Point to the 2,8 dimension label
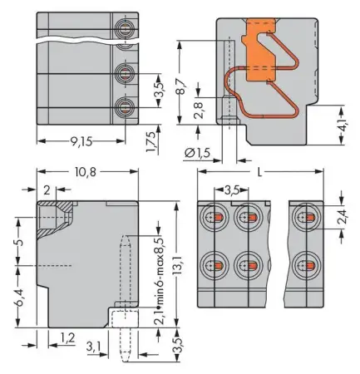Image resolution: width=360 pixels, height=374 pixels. [197, 111]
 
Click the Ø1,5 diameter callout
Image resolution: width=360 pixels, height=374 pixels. [200, 151]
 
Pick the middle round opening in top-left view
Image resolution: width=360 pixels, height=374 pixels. [124, 73]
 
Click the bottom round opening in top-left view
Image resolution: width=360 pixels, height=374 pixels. [124, 106]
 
